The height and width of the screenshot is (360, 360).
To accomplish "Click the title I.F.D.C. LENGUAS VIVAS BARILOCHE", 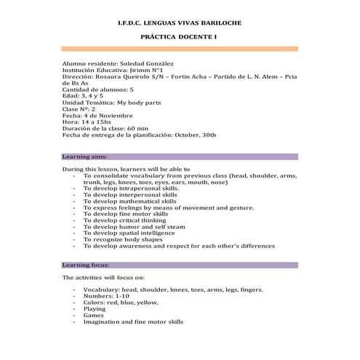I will [x=179, y=23].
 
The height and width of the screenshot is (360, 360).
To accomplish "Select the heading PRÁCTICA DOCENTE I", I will [x=179, y=36].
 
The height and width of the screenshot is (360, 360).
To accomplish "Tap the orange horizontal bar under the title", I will [x=179, y=49].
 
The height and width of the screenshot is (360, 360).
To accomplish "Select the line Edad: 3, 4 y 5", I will [x=83, y=96].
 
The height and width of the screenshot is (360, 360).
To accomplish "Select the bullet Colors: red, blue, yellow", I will [x=120, y=303].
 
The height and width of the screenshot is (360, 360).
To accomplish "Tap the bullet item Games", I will [x=94, y=316].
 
